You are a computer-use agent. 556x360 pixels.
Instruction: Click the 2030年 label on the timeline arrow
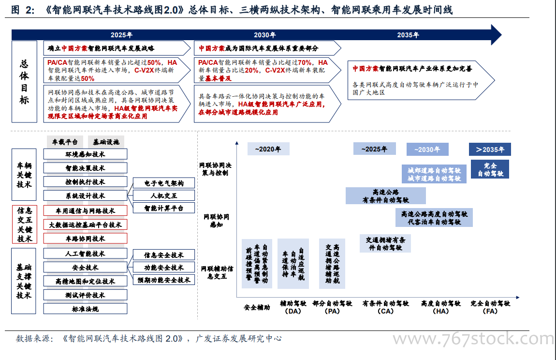(264, 35)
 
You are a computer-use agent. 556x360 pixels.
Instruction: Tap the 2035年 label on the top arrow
(408, 35)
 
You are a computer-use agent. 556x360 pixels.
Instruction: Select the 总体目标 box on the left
(25, 82)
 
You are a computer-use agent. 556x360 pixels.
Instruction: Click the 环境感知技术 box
(85, 154)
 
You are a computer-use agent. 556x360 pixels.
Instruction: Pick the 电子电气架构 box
(164, 183)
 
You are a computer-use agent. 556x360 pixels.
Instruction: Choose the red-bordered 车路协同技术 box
(85, 239)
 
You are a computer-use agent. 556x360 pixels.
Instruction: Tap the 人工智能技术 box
(85, 254)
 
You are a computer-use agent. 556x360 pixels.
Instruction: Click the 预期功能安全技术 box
(164, 280)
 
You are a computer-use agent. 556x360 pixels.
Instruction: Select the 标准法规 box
(85, 309)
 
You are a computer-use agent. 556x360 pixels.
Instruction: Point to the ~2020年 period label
(268, 149)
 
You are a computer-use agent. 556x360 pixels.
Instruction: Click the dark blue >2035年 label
(490, 150)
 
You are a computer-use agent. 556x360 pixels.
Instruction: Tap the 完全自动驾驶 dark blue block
(490, 169)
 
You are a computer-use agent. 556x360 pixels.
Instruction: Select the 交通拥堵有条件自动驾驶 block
(385, 243)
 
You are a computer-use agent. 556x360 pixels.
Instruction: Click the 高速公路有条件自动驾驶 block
(386, 196)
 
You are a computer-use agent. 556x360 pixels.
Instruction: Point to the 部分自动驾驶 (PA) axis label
(332, 307)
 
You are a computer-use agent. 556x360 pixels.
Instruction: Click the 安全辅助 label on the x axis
(257, 307)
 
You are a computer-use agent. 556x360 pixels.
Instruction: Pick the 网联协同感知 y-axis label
(216, 221)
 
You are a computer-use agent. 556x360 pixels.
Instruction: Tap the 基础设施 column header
(106, 142)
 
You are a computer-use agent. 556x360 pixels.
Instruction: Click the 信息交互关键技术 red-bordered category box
(25, 225)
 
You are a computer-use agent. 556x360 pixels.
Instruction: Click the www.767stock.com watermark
(473, 338)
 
